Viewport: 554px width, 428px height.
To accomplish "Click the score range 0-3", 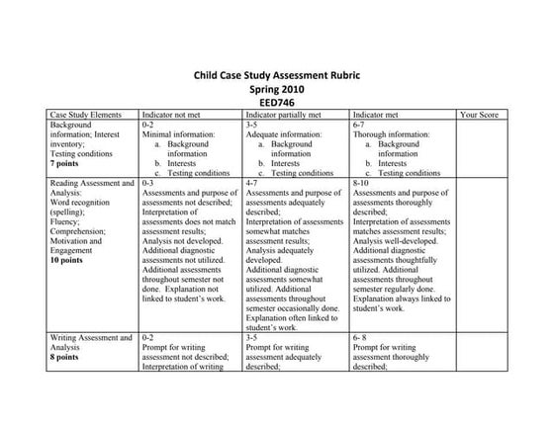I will point(149,183).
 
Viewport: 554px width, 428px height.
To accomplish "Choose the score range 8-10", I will point(362,183).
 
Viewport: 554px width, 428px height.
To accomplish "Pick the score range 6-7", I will point(360,126).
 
